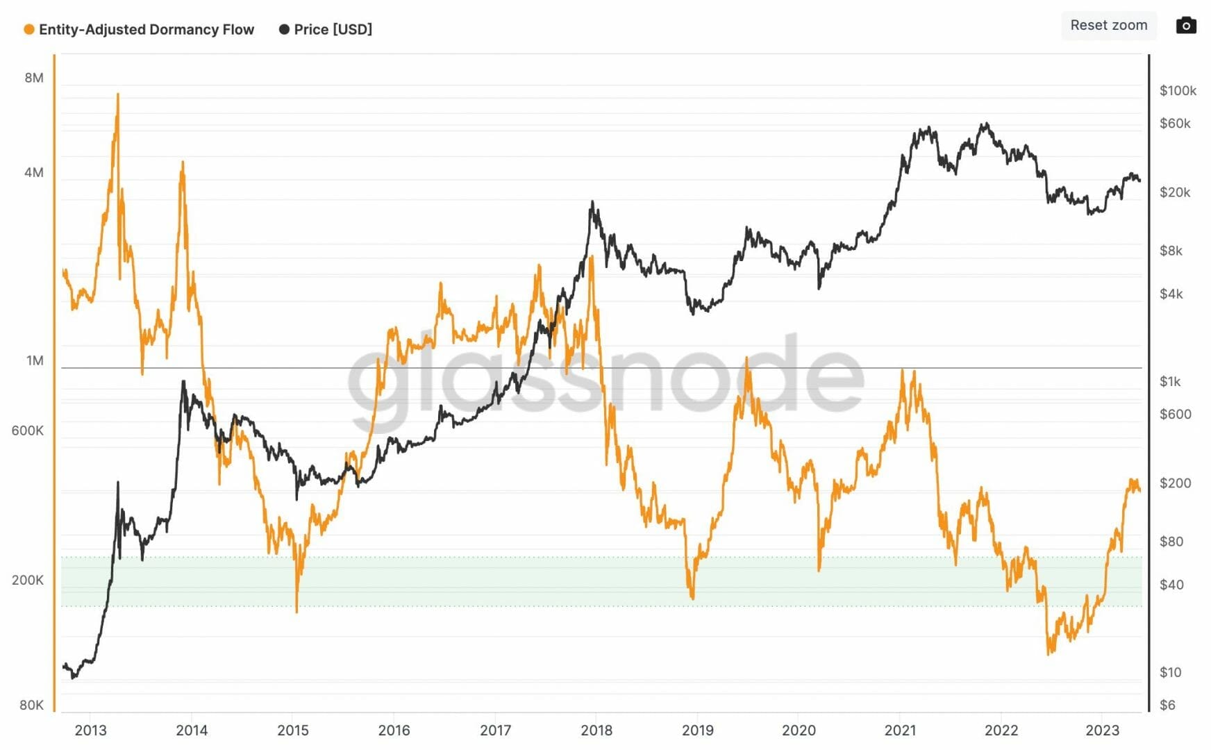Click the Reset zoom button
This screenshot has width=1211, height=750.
coord(1108,26)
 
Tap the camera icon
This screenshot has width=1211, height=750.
coord(1186,26)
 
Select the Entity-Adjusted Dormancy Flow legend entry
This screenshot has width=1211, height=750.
coord(140,29)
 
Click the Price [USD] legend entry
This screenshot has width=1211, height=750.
coord(326,29)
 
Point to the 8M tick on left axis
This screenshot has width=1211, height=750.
coord(34,78)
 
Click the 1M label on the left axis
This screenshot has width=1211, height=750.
coord(35,360)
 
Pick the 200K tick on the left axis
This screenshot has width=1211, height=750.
coord(28,580)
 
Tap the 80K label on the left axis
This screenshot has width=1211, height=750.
coord(31,705)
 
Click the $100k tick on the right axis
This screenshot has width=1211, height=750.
coord(1178,90)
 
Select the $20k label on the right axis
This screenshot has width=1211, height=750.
coord(1175,192)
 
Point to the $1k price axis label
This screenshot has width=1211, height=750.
coord(1170,381)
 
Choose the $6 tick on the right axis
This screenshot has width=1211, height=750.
coord(1167,705)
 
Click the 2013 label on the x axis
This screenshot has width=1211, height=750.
coord(90,730)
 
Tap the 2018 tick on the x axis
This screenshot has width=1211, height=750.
coord(596,730)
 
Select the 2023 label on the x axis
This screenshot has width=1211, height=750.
coord(1102,730)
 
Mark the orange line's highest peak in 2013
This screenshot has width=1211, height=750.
coord(117,94)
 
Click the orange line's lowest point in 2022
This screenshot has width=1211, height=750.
coord(1049,653)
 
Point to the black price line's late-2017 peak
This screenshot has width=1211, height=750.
coord(592,203)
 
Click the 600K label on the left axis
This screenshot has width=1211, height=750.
coord(28,431)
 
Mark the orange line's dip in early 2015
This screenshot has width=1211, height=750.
coord(297,611)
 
